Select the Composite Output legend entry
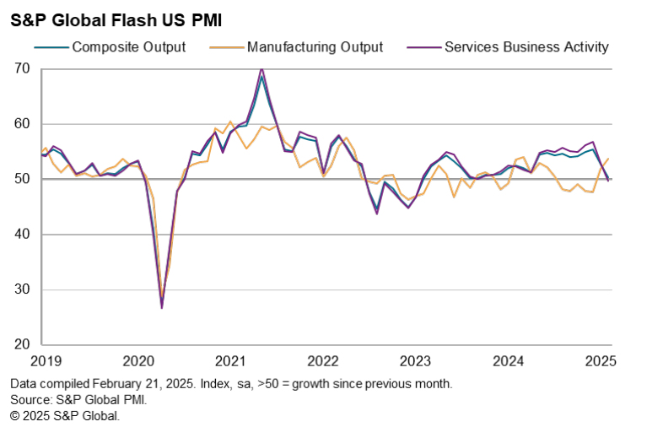tap(128, 47)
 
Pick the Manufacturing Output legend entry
tap(315, 47)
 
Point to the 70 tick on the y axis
tap(22, 68)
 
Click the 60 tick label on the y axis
tap(22, 124)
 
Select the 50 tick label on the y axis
tap(22, 179)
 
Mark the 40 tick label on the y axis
tap(22, 235)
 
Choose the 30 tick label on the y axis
tap(22, 289)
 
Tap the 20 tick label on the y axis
tap(22, 345)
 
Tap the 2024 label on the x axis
tap(508, 362)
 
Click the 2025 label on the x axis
tap(601, 362)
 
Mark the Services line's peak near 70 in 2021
tap(261, 68)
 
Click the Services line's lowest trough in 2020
tap(161, 308)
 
